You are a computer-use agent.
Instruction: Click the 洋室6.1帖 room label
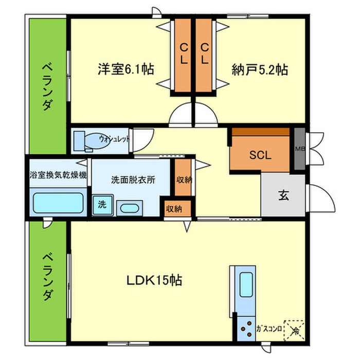pyautogui.click(x=127, y=69)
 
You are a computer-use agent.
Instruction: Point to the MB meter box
pyautogui.click(x=299, y=149)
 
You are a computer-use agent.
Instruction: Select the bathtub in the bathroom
pyautogui.click(x=58, y=203)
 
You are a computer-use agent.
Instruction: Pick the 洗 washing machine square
pyautogui.click(x=102, y=204)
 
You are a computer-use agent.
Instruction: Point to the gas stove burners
pyautogui.click(x=246, y=327)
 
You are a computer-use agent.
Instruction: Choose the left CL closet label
pyautogui.click(x=183, y=53)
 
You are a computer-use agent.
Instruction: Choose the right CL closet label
pyautogui.click(x=205, y=53)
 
